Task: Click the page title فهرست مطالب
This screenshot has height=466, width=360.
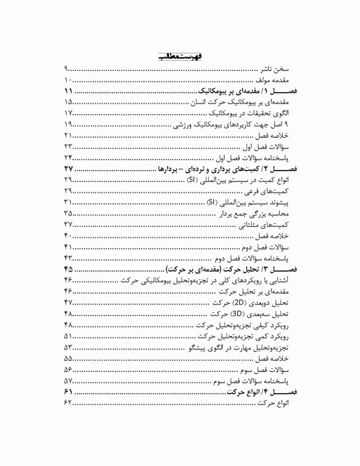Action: (180, 56)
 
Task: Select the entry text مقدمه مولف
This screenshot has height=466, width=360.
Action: (274, 80)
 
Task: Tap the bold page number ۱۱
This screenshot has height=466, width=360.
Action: (68, 91)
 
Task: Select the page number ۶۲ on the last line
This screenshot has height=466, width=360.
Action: (68, 404)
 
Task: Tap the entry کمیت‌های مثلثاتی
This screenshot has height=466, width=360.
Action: (267, 225)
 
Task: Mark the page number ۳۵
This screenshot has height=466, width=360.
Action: (68, 214)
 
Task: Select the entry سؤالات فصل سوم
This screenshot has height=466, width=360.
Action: (267, 370)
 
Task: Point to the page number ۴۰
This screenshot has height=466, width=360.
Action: (68, 235)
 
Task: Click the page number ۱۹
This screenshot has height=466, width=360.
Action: (68, 124)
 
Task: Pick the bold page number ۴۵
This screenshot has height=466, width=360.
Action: (68, 269)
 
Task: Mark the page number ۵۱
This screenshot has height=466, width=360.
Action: (68, 336)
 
